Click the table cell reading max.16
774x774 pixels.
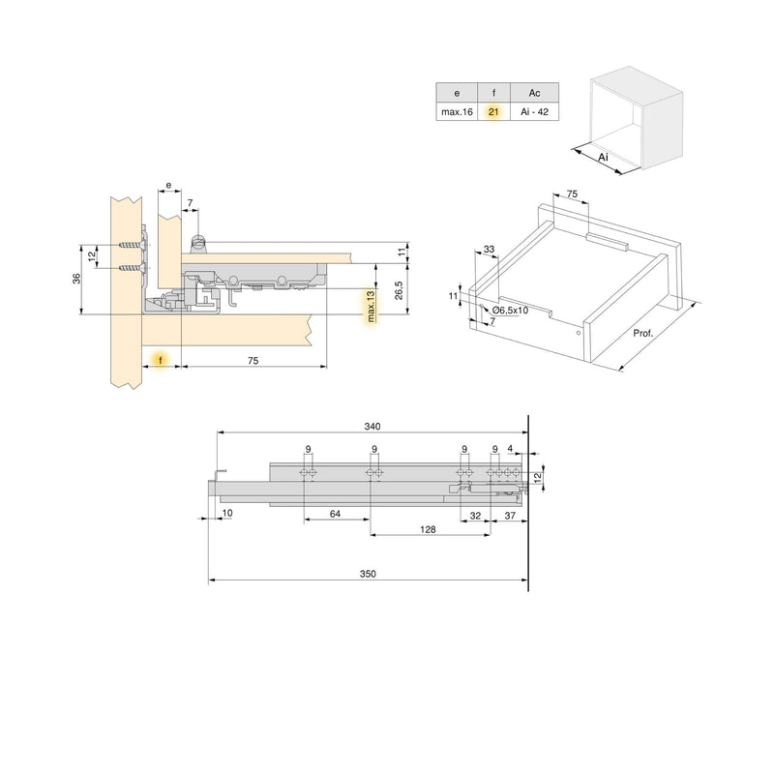click(456, 113)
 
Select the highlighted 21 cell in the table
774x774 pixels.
click(493, 113)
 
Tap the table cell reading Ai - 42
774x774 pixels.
click(534, 113)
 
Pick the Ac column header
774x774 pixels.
click(534, 94)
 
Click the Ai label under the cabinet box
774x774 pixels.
click(602, 157)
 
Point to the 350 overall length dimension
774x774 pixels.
click(368, 574)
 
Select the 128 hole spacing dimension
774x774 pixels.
click(428, 529)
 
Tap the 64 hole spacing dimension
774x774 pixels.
click(335, 513)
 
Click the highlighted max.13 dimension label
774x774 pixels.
click(369, 306)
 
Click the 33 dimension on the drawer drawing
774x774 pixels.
click(489, 250)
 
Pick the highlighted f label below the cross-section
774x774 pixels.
click(161, 358)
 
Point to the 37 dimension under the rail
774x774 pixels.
click(509, 514)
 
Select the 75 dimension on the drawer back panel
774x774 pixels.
click(572, 194)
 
